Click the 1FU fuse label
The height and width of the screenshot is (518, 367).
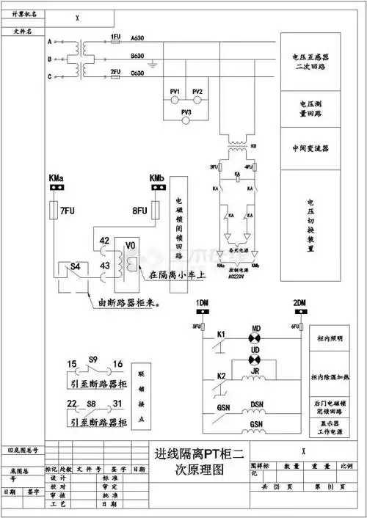[x=115, y=36]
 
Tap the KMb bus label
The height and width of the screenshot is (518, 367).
[x=156, y=178]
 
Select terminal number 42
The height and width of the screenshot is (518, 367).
[x=105, y=240]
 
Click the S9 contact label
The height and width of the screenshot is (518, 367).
[x=93, y=360]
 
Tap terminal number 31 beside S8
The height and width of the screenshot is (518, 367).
[x=117, y=404]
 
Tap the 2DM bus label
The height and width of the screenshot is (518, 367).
[x=299, y=303]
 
